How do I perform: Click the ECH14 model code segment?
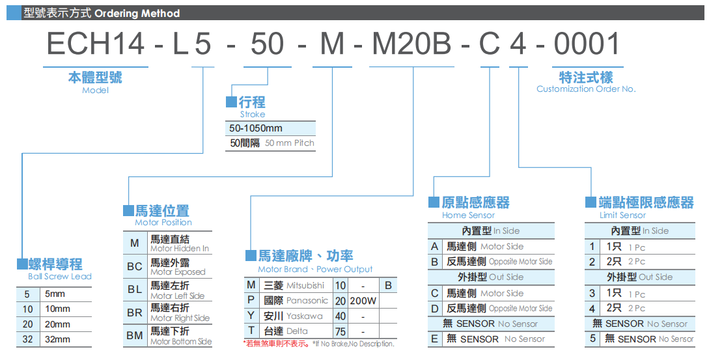coord(95,44)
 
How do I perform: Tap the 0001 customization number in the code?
coord(587,44)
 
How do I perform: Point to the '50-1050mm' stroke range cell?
coord(257,128)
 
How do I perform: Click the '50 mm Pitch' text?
coord(290,143)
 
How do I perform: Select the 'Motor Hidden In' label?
coord(180,249)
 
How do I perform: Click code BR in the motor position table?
coord(135,313)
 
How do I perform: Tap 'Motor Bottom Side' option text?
coord(181,342)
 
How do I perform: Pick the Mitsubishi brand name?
coord(305,286)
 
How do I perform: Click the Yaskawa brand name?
coord(305,316)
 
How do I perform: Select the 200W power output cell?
coord(363,301)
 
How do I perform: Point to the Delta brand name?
coord(297,331)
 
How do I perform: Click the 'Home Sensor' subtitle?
coord(468,215)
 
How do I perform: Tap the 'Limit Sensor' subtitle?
coord(622,215)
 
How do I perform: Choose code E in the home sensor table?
coord(434,339)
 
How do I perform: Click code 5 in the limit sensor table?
coord(592,339)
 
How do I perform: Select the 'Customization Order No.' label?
coord(586,89)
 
